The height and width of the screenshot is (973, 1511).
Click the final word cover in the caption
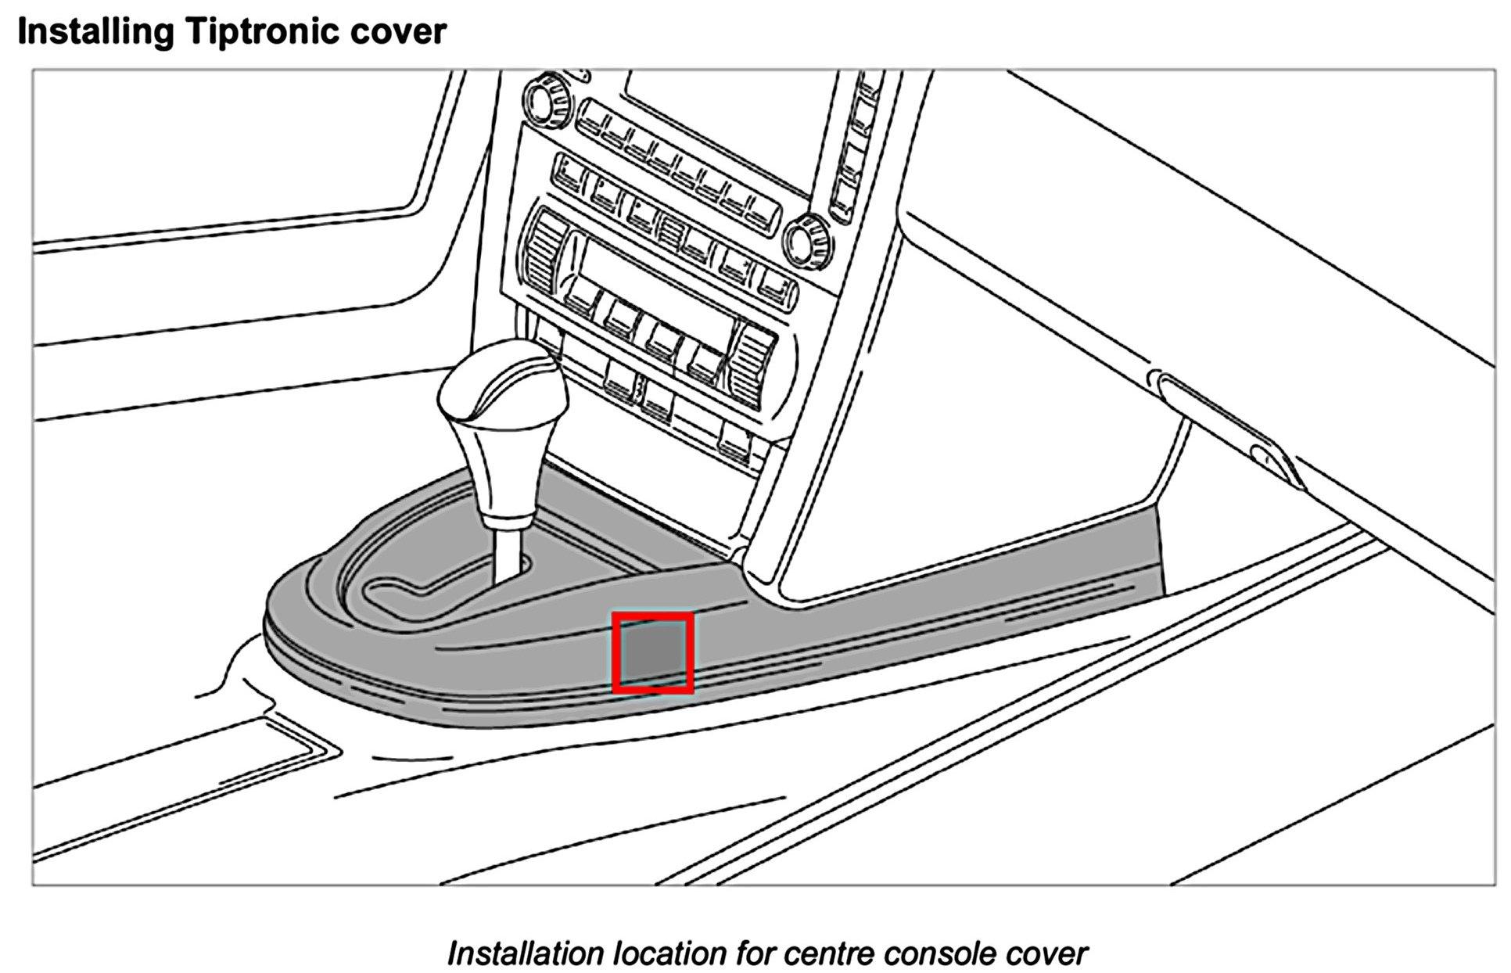pos(1043,953)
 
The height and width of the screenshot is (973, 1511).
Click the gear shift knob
pos(501,407)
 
